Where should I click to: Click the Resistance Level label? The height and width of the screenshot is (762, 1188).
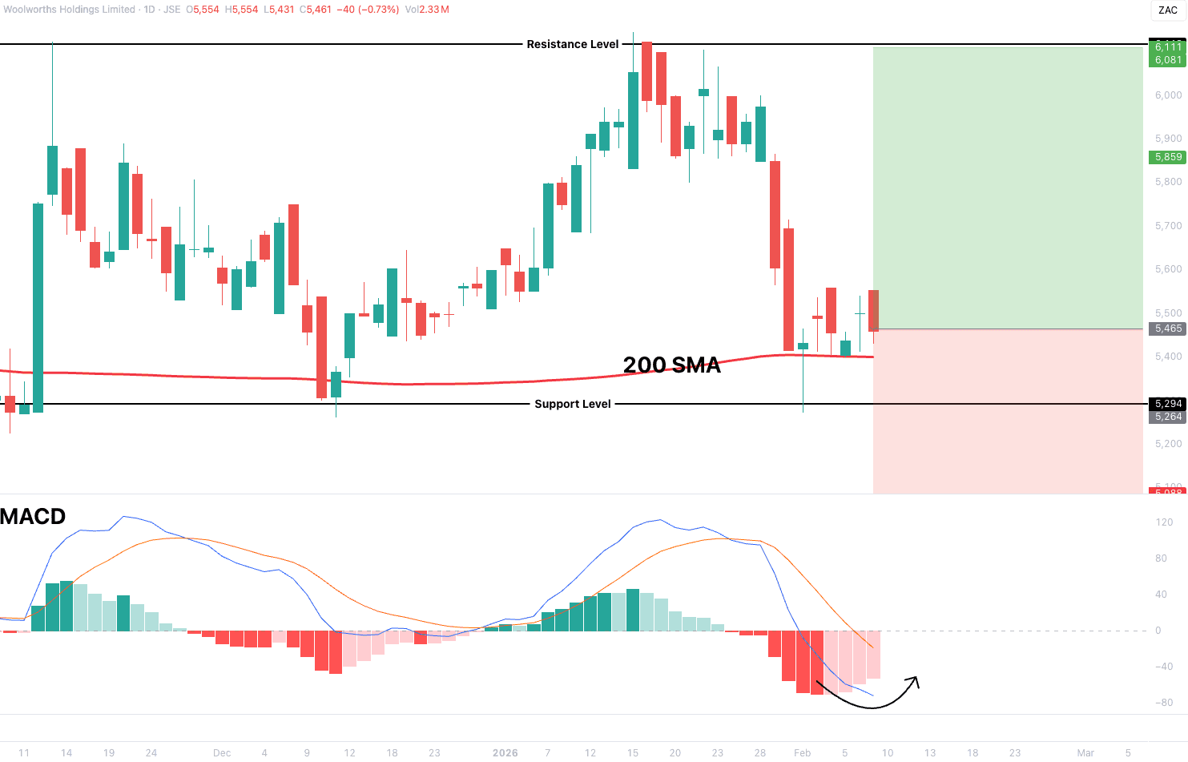click(572, 44)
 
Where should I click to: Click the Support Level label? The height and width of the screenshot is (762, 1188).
click(572, 404)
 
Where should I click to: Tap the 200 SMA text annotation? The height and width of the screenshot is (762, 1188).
click(671, 365)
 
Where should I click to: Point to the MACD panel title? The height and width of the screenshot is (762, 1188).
click(33, 517)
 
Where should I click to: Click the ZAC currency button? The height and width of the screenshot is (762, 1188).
click(1167, 10)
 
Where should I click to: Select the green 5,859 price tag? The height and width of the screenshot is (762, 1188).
click(1168, 157)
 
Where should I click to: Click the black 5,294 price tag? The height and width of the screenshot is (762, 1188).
click(1168, 404)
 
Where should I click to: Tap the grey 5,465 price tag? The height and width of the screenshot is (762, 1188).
click(1168, 329)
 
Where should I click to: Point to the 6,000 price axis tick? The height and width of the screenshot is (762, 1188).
click(1168, 95)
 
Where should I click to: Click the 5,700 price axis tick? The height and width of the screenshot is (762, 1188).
click(1168, 226)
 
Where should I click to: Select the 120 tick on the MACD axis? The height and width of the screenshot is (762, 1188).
click(1164, 522)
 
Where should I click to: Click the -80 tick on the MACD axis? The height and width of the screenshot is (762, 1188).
click(1164, 703)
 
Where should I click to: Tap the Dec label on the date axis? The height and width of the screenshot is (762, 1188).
click(222, 752)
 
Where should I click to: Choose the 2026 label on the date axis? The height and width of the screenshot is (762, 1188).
click(505, 752)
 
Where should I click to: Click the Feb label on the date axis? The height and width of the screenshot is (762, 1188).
click(802, 752)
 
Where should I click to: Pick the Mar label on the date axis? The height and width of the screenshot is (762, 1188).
click(1085, 752)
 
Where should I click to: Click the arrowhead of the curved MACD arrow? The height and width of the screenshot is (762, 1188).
click(915, 681)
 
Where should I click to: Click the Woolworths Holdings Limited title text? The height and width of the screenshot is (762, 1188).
click(69, 10)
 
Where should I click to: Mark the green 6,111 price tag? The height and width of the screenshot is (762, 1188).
click(1168, 47)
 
